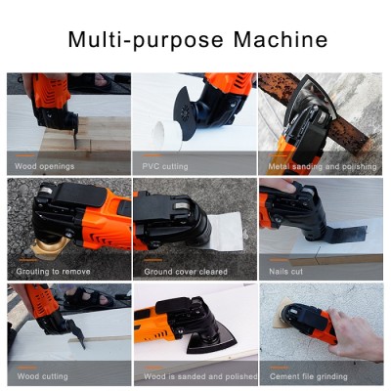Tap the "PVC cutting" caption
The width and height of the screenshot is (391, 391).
[x=165, y=165]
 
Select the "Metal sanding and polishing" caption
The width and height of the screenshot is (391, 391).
[x=319, y=165]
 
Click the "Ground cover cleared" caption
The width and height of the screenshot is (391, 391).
[x=186, y=271]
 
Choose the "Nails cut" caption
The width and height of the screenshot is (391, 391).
[x=286, y=271]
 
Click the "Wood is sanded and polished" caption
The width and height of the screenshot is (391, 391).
[x=200, y=375]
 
